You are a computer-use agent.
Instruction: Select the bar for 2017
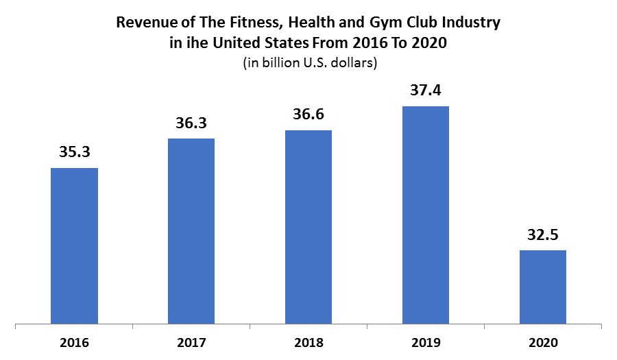click(x=191, y=230)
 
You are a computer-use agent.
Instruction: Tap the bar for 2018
click(x=308, y=226)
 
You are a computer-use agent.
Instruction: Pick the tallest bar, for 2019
click(x=425, y=214)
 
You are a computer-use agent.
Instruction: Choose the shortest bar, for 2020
click(x=542, y=286)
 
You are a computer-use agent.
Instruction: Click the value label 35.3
click(x=74, y=153)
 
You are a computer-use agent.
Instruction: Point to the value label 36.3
click(x=191, y=123)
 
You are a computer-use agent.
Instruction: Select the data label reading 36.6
click(x=308, y=115)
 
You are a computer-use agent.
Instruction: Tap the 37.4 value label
click(x=425, y=91)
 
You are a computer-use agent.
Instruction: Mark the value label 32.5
click(x=542, y=235)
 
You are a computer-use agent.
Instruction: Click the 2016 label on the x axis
click(x=74, y=341)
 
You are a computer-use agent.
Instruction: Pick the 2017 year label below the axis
click(x=191, y=341)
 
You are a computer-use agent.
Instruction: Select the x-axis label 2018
click(x=308, y=341)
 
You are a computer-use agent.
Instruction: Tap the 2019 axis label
click(x=425, y=341)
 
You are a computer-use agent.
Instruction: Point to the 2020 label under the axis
click(x=542, y=341)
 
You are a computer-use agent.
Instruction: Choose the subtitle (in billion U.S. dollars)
click(x=308, y=63)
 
